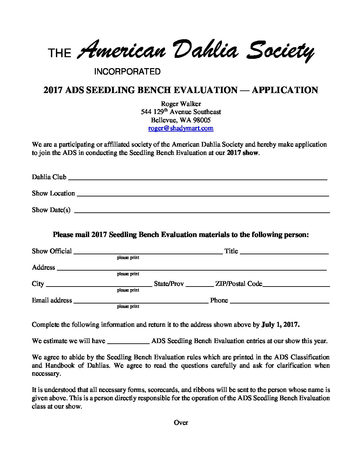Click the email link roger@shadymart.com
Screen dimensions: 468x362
181,128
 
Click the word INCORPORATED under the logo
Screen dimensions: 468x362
127,71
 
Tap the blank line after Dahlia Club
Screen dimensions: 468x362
198,178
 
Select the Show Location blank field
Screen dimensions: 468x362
203,194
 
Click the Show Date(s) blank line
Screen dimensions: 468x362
202,210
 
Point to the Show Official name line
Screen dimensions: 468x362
148,252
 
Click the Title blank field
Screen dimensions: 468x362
284,252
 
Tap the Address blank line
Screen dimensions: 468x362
192,268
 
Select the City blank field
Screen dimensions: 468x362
98,285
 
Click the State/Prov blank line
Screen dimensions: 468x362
200,285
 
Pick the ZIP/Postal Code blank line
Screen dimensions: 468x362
296,285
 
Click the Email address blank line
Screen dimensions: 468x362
141,301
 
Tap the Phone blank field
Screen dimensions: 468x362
279,301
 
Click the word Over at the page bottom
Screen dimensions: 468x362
181,422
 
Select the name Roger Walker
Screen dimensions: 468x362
181,104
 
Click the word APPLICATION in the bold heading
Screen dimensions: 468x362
285,90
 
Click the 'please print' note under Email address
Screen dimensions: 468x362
128,306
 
